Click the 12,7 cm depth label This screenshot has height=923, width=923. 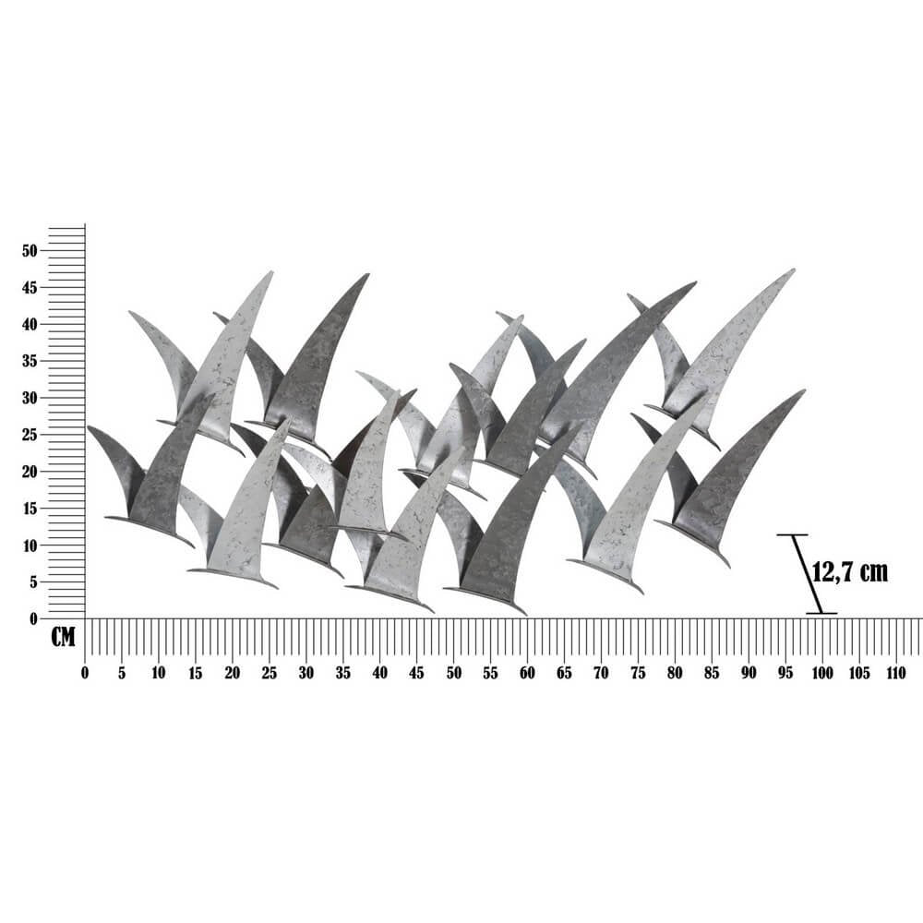(x=850, y=571)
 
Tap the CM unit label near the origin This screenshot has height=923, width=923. (x=63, y=637)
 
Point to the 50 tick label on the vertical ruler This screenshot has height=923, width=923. (x=30, y=251)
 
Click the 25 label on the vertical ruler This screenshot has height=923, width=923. (x=30, y=435)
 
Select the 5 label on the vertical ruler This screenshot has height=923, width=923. (x=33, y=582)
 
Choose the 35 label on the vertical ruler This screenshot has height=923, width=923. (x=30, y=362)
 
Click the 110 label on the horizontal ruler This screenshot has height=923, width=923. (x=896, y=674)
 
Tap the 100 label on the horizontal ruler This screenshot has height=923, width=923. (x=822, y=674)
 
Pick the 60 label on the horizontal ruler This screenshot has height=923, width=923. (x=527, y=674)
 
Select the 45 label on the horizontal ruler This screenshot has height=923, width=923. (x=417, y=674)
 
